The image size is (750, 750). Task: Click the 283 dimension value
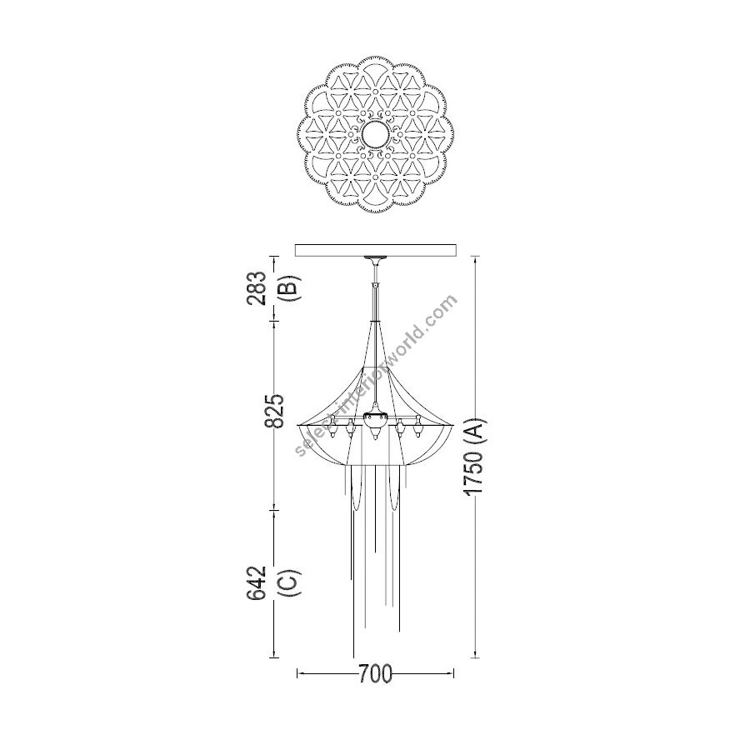(x=257, y=288)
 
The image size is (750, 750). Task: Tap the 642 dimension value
(x=257, y=583)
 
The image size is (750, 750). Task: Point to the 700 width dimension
(x=376, y=674)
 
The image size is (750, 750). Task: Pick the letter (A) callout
(x=477, y=430)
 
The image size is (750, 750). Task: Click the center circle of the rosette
(x=376, y=135)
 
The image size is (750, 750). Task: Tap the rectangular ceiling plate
(x=376, y=250)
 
